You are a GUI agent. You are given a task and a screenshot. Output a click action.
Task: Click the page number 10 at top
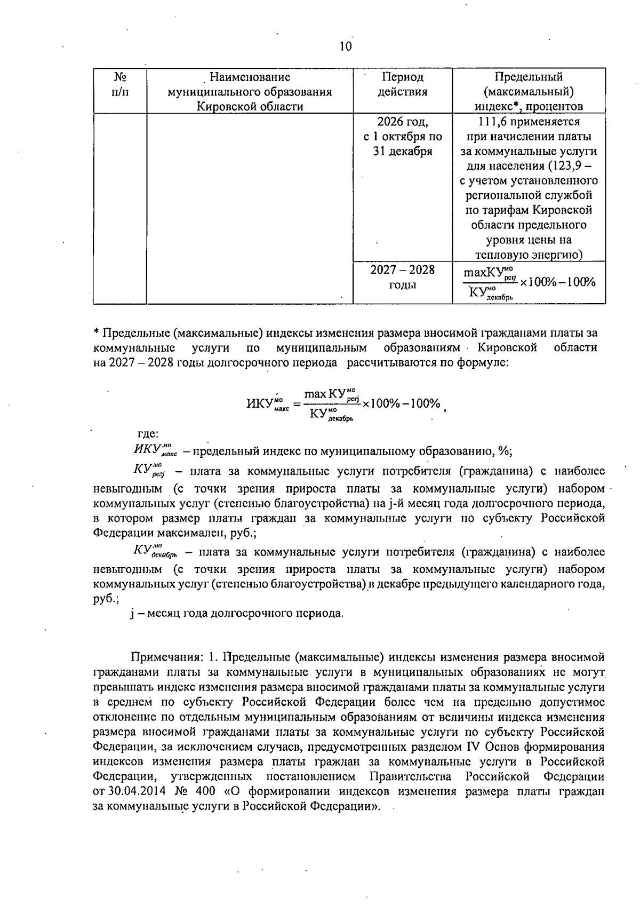(x=346, y=46)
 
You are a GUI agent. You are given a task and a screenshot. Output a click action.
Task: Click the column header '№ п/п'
(x=119, y=84)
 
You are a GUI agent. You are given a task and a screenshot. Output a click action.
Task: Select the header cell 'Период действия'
(x=403, y=84)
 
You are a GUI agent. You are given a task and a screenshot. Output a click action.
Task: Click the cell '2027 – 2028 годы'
(x=403, y=277)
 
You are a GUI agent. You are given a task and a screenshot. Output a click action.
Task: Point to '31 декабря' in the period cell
(x=403, y=151)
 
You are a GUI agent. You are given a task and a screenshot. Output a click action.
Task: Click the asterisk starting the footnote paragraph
(x=97, y=334)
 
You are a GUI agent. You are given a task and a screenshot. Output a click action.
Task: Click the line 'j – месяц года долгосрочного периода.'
(x=237, y=613)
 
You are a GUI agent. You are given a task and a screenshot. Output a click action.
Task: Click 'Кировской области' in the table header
(x=250, y=106)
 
